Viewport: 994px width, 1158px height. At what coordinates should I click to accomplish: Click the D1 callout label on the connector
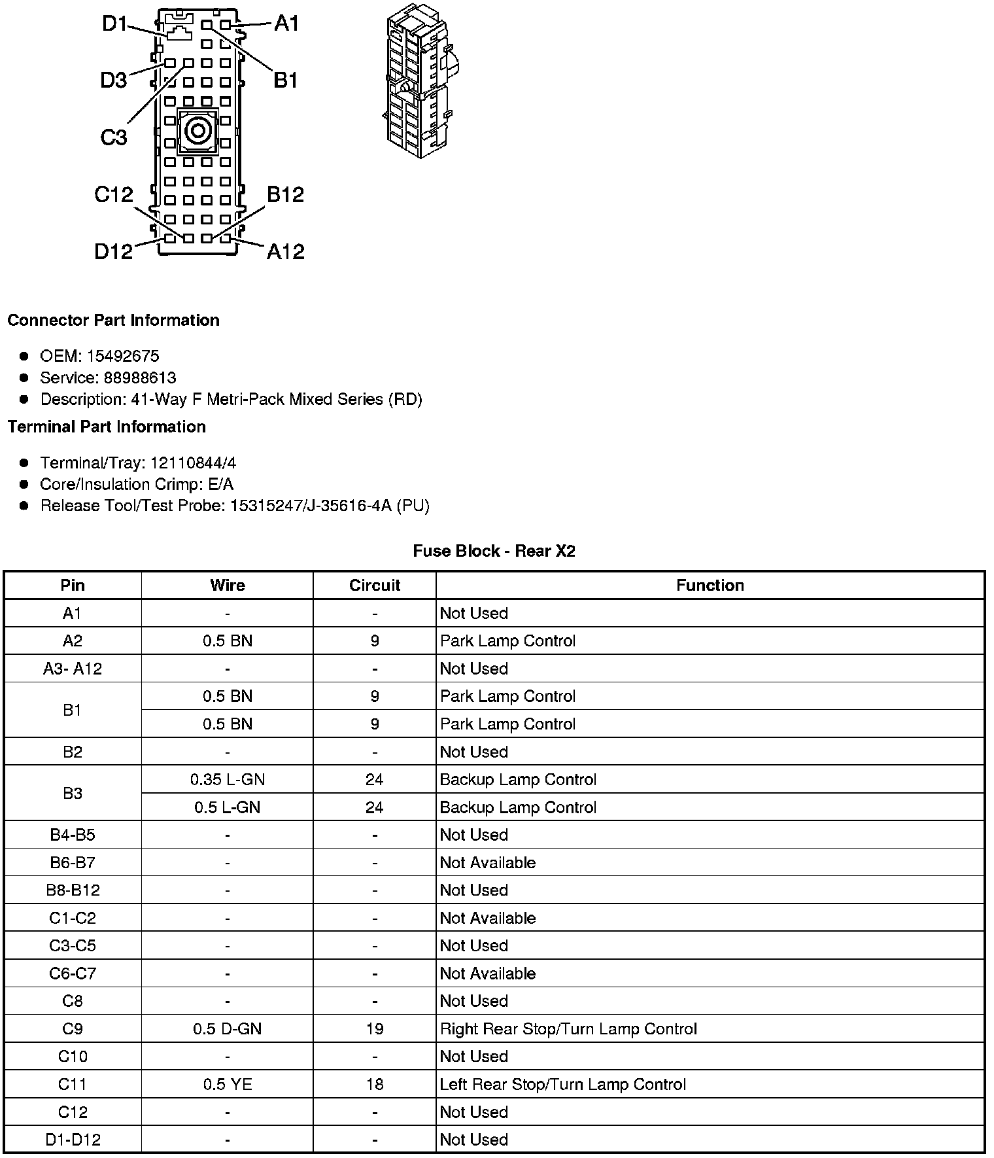click(x=114, y=24)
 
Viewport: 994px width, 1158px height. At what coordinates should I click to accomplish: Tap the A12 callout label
click(x=285, y=251)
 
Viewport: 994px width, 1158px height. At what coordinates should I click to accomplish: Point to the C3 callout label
click(x=113, y=137)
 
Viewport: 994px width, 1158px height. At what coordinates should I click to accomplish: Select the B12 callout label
click(x=285, y=194)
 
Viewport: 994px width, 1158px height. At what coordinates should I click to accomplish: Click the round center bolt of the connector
click(x=197, y=132)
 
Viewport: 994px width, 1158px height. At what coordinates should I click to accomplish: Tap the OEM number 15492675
click(x=122, y=356)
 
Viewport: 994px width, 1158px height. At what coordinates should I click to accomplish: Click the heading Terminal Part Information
click(x=107, y=427)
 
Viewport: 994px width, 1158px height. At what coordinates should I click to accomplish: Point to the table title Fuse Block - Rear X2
click(x=494, y=551)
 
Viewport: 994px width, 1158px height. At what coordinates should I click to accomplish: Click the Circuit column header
click(x=374, y=585)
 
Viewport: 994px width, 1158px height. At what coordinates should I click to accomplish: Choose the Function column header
click(x=710, y=585)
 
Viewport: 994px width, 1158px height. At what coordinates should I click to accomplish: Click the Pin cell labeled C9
click(x=72, y=1028)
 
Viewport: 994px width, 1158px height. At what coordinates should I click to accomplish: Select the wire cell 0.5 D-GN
click(x=227, y=1028)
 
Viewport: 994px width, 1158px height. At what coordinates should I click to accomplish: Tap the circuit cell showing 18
click(x=374, y=1084)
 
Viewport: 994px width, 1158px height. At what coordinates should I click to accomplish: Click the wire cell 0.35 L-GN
click(x=227, y=779)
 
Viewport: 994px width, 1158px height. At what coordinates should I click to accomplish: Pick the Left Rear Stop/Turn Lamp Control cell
click(x=562, y=1084)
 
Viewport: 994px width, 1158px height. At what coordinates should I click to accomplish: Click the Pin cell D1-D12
click(x=72, y=1139)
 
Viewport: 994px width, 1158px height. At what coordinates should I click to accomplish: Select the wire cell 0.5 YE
click(x=227, y=1084)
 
